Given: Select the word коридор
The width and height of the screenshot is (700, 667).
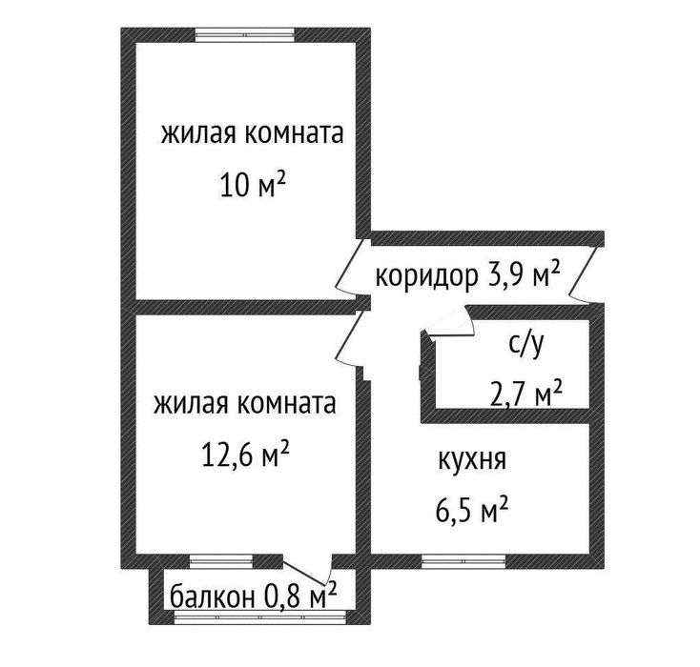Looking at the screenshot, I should [426, 276].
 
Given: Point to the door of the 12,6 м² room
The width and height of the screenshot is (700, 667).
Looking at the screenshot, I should [350, 341].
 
